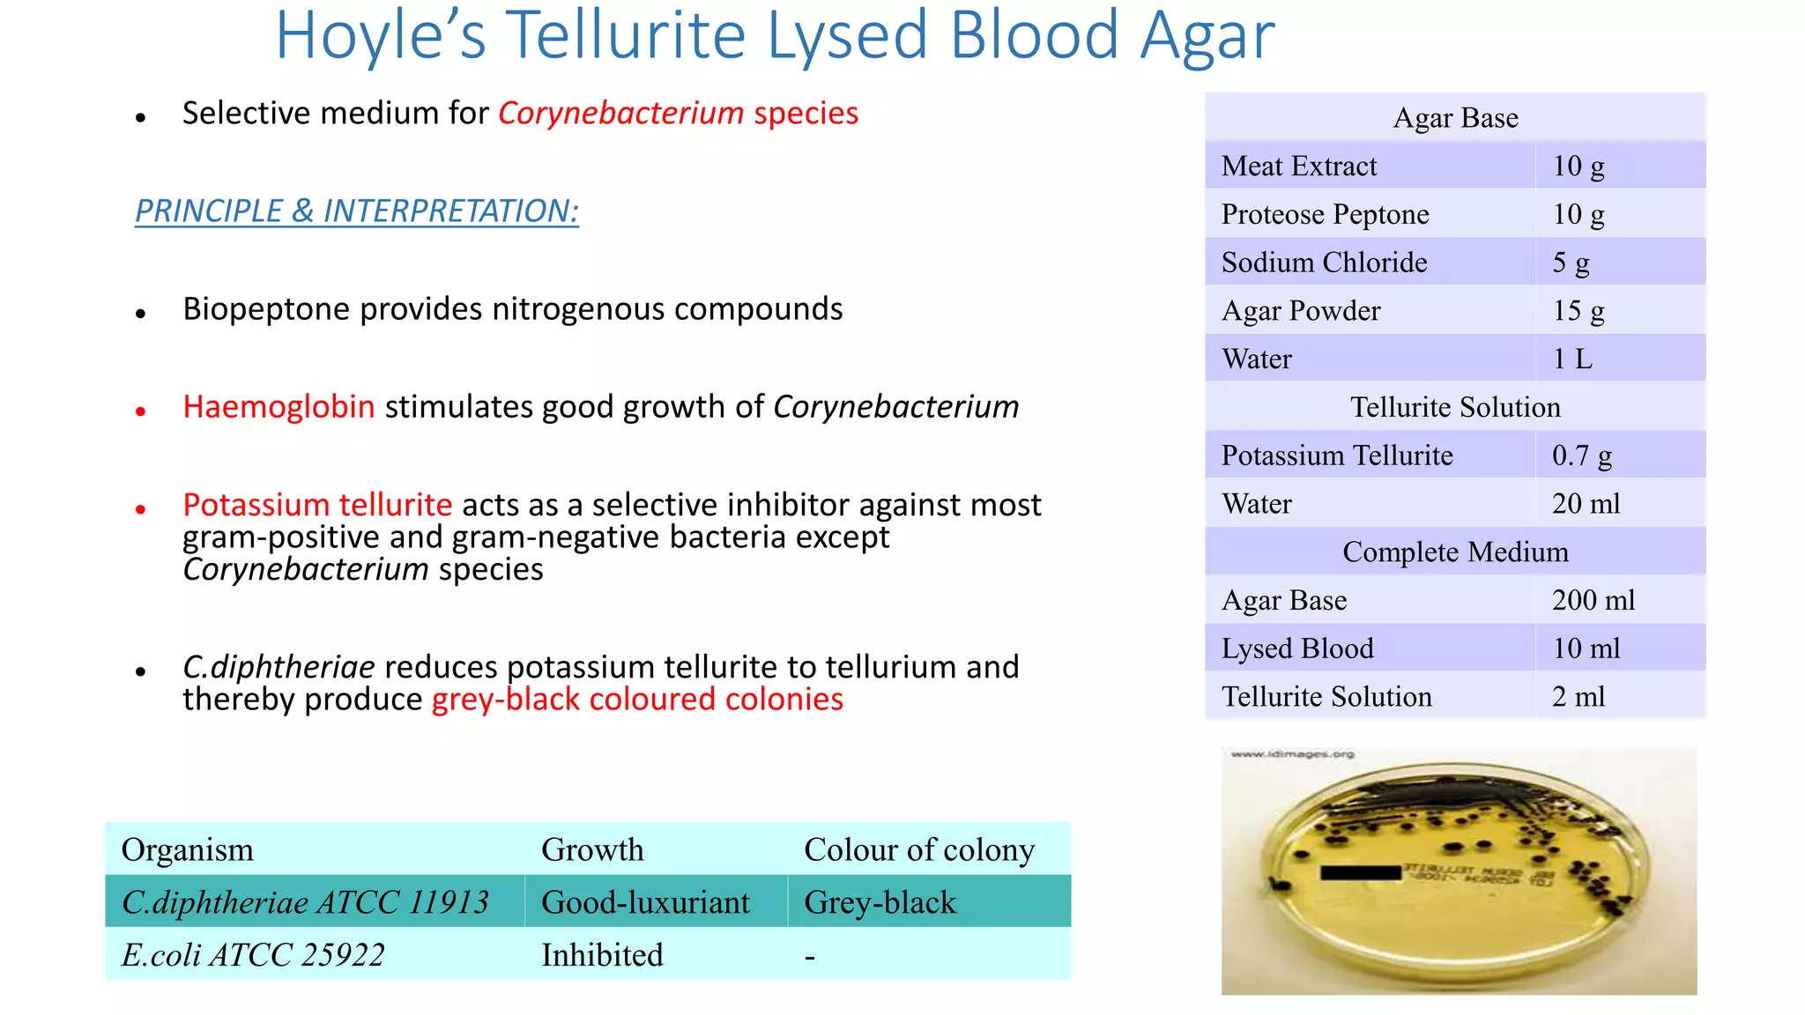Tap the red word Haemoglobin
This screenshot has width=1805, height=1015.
coord(279,407)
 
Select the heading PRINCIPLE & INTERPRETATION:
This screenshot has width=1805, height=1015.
coord(357,211)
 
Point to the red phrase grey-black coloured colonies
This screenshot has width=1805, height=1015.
coord(637,700)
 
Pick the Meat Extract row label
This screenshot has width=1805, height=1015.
coord(1298,167)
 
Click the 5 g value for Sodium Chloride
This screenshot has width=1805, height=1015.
coord(1571,263)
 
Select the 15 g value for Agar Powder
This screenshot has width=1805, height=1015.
coord(1578,311)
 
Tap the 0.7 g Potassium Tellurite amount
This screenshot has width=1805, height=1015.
coord(1581,456)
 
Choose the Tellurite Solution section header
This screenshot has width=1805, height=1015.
coord(1455,407)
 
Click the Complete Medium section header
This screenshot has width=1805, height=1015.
coord(1455,552)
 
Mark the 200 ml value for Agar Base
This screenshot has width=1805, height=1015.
coord(1593,600)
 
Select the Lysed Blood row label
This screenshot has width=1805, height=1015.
coord(1296,648)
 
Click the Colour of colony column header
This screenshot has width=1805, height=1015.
coord(919,849)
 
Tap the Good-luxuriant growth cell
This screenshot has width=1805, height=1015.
coord(645,902)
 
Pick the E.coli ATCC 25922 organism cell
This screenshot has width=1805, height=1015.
coord(253,955)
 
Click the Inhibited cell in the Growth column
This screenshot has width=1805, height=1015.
coord(602,955)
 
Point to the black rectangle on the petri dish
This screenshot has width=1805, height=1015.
coord(1360,872)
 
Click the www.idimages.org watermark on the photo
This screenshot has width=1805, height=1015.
coord(1292,754)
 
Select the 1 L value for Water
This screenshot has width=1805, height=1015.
coord(1572,359)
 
